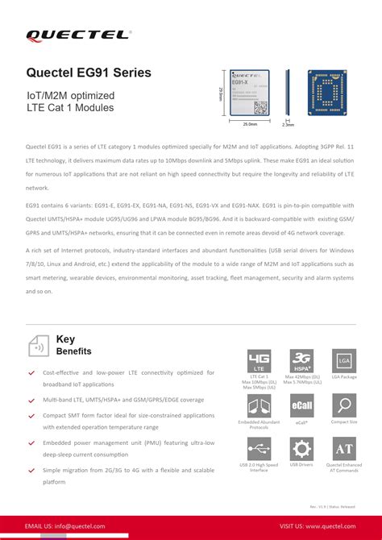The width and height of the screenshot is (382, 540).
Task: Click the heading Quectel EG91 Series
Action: (x=88, y=73)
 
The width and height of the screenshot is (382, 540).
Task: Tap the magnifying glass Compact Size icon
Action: (x=344, y=405)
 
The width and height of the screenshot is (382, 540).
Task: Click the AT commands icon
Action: (x=344, y=448)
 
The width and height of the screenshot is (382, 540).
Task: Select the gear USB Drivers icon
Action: (x=302, y=448)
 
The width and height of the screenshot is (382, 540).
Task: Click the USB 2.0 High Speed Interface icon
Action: (x=259, y=448)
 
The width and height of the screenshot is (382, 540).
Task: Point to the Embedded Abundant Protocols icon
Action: (x=259, y=405)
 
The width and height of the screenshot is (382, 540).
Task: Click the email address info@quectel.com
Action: (x=78, y=526)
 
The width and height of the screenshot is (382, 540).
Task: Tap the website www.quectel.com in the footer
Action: (x=328, y=526)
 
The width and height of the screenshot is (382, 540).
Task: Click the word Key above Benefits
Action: (x=65, y=339)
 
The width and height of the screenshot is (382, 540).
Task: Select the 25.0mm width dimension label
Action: (x=250, y=124)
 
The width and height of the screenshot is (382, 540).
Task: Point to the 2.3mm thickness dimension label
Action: (x=289, y=125)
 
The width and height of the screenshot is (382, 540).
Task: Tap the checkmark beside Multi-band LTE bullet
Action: (x=31, y=400)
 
